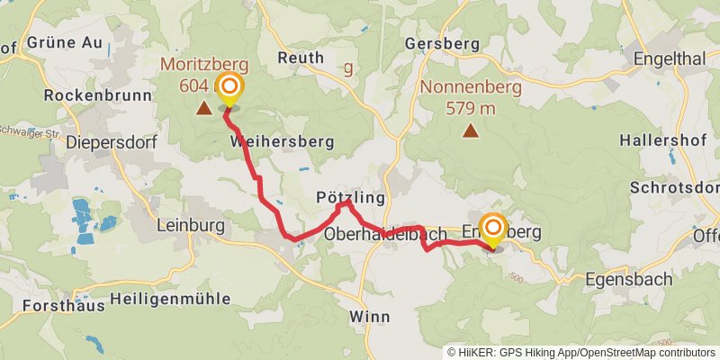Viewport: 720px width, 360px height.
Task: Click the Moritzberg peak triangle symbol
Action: pyautogui.click(x=204, y=109)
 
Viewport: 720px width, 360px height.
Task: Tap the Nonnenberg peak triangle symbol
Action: pyautogui.click(x=470, y=131)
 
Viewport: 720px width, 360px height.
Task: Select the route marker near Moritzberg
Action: pyautogui.click(x=230, y=87)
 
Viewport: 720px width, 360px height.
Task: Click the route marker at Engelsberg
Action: pyautogui.click(x=493, y=229)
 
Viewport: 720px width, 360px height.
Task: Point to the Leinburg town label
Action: pyautogui.click(x=191, y=226)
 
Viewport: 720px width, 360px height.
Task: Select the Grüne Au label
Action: pyautogui.click(x=65, y=42)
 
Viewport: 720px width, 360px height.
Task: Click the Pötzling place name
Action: pyautogui.click(x=350, y=197)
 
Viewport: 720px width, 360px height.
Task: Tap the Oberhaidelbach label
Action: pyautogui.click(x=385, y=234)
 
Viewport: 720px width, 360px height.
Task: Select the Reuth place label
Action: pyautogui.click(x=301, y=58)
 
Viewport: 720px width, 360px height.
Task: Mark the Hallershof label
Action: pyautogui.click(x=661, y=141)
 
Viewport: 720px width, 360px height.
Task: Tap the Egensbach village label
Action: pyautogui.click(x=628, y=279)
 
